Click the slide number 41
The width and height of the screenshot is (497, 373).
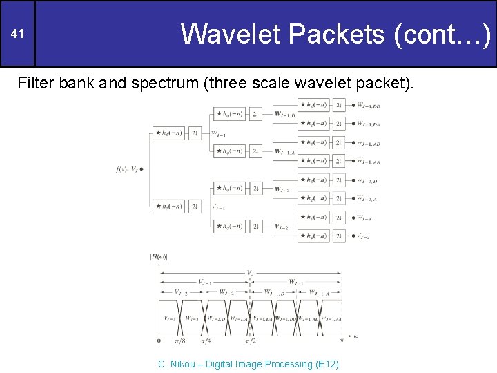[x=19, y=35]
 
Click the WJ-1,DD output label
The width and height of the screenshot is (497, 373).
[x=368, y=106]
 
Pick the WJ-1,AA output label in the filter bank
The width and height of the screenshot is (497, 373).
[x=369, y=162]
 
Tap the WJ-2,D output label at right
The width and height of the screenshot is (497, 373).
[x=368, y=180]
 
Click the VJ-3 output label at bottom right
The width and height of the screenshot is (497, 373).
[x=363, y=236]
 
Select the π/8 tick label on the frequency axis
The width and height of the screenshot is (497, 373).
[x=181, y=341]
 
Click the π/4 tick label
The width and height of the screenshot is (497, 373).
[x=206, y=341]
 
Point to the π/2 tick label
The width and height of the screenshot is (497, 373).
[x=251, y=341]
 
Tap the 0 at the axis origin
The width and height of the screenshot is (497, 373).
[x=159, y=341]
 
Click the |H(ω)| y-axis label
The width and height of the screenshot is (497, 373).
[x=159, y=257]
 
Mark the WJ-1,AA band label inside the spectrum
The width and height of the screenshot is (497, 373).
[x=331, y=318]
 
